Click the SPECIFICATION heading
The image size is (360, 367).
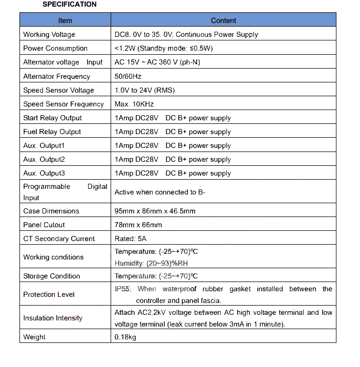pyautogui.click(x=69, y=5)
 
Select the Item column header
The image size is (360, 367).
pyautogui.click(x=65, y=20)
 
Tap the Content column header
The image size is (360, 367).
pyautogui.click(x=223, y=20)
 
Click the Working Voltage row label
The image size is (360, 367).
pyautogui.click(x=49, y=34)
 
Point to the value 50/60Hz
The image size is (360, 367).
pyautogui.click(x=128, y=76)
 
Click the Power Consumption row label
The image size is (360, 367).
pyautogui.click(x=55, y=48)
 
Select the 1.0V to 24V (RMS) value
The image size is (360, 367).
pyautogui.click(x=144, y=90)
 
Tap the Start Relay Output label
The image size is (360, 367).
pyautogui.click(x=52, y=118)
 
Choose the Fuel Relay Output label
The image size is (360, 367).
pyautogui.click(x=52, y=132)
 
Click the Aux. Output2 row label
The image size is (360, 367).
pyautogui.click(x=44, y=159)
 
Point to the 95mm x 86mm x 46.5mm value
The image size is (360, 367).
pyautogui.click(x=155, y=211)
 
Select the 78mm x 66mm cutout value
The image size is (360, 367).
pyautogui.click(x=138, y=225)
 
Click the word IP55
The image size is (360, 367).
pyautogui.click(x=123, y=289)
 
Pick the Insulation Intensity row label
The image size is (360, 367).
pyautogui.click(x=53, y=318)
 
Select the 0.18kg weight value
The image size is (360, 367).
pyautogui.click(x=125, y=337)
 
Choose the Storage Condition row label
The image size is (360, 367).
pyautogui.click(x=52, y=276)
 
